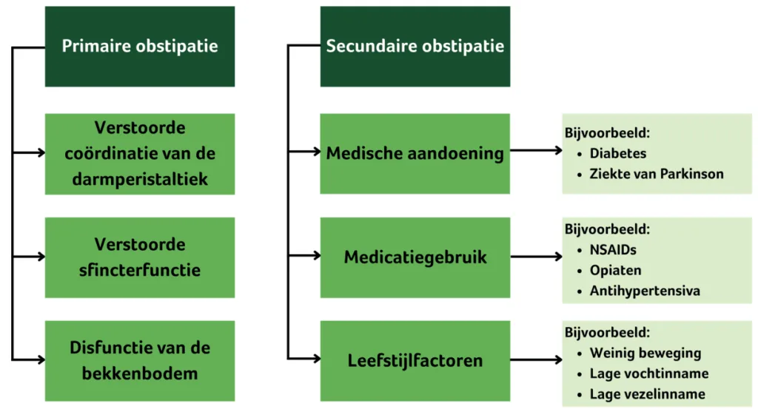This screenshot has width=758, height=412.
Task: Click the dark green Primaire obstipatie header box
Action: (140, 46)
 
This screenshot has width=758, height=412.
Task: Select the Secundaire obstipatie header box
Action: (415, 46)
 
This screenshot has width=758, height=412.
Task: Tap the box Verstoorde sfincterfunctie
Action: (140, 257)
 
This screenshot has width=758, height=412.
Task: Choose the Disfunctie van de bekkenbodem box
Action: (140, 360)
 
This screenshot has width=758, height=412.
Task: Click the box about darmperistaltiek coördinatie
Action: (140, 153)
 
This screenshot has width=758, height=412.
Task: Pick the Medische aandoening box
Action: (415, 153)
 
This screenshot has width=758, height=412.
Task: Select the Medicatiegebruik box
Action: (415, 257)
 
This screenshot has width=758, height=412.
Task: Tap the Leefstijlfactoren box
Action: (415, 360)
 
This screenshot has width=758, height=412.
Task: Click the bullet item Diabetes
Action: (618, 154)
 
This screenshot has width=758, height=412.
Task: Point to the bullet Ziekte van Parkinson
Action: (657, 174)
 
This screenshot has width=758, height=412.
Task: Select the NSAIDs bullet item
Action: (613, 250)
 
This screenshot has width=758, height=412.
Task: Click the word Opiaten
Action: (615, 270)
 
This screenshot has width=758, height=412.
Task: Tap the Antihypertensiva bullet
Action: (645, 291)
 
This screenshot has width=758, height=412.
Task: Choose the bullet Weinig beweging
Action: (645, 353)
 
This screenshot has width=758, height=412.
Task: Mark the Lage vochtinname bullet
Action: (648, 374)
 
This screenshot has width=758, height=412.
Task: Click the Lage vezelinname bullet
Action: (647, 394)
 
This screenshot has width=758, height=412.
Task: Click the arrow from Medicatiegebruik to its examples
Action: (536, 257)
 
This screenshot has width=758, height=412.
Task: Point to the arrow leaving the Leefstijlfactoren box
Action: (536, 361)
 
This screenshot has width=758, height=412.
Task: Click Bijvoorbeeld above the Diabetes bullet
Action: (607, 134)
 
